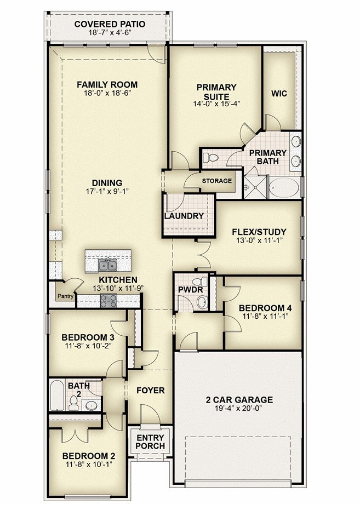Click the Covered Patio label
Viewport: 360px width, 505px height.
pos(110,24)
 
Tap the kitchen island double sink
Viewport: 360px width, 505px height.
pos(107,266)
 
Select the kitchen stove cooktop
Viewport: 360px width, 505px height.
pos(108,301)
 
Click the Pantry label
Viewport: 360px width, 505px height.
pos(65,296)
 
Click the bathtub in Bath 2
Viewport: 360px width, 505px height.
pos(58,395)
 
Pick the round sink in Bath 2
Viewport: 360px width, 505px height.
pos(91,405)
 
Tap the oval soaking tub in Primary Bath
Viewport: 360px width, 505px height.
pos(284,187)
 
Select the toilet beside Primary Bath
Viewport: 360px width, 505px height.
pos(210,158)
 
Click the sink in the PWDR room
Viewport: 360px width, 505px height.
pos(202,302)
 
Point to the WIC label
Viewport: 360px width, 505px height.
pos(279,94)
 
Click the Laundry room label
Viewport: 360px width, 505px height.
pos(184,216)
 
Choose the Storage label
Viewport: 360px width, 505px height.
pos(217,181)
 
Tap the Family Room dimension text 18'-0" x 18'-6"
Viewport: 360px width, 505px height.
pos(107,93)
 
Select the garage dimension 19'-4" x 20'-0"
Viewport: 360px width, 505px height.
pos(239,408)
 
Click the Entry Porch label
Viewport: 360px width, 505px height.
pos(151,442)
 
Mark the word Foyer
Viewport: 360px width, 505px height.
pos(151,391)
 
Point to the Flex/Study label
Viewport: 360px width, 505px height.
pos(259,232)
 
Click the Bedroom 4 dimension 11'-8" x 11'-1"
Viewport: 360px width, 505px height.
pos(265,316)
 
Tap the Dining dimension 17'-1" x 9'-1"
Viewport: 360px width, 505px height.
pos(107,191)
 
